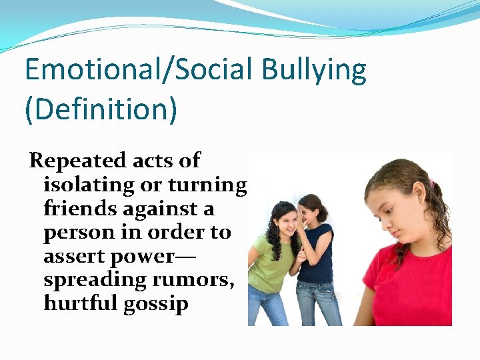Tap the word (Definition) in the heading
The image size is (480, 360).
pyautogui.click(x=101, y=109)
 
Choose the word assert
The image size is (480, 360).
pyautogui.click(x=74, y=257)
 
